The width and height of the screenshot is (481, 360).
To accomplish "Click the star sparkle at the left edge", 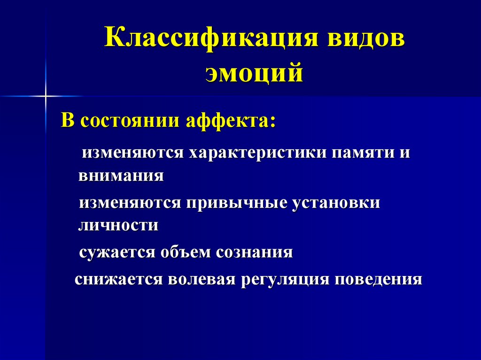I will tap(46, 96).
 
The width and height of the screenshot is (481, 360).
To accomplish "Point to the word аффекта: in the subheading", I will tap(231, 122).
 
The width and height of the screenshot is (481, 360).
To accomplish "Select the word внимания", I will tap(121, 176).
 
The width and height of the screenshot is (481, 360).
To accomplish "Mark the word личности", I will tap(118, 226).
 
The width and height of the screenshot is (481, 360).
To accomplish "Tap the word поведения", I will tap(379, 280).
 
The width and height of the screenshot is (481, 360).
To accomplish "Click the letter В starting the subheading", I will tap(69, 122).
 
